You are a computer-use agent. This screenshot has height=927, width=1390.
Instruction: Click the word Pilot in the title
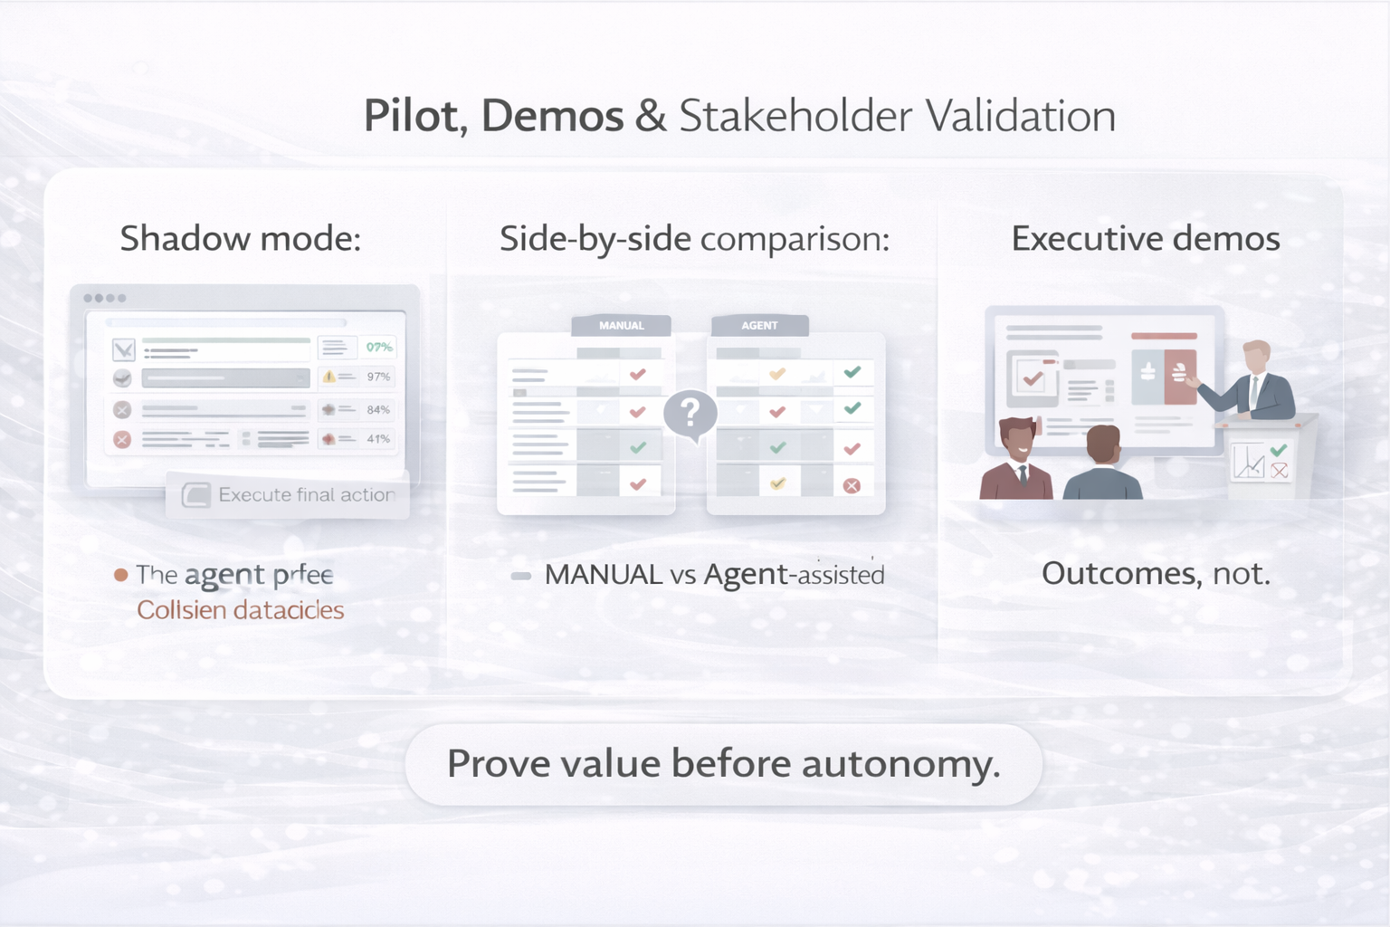click(x=410, y=116)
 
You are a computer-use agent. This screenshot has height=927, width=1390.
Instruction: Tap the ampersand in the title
click(x=651, y=116)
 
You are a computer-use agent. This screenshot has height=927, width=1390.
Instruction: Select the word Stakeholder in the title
click(x=795, y=116)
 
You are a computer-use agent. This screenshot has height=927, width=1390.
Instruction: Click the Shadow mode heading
click(x=240, y=238)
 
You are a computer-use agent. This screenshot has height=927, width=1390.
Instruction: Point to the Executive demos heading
click(x=1145, y=238)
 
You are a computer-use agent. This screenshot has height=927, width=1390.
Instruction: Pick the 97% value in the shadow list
click(x=378, y=377)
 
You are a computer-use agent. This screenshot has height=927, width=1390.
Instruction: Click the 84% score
click(x=378, y=410)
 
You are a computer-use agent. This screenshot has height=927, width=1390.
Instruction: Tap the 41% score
click(x=378, y=439)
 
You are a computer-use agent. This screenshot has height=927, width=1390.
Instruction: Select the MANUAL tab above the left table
click(x=621, y=326)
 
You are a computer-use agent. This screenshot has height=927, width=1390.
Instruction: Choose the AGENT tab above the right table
click(x=759, y=326)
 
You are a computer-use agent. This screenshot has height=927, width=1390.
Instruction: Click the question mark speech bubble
click(x=690, y=414)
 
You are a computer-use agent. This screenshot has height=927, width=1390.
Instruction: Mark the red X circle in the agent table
click(x=852, y=486)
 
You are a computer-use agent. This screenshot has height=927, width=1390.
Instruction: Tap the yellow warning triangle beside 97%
click(x=328, y=377)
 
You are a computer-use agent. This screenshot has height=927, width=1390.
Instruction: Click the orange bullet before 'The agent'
click(x=120, y=575)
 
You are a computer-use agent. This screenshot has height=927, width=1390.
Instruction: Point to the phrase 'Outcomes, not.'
click(x=1156, y=573)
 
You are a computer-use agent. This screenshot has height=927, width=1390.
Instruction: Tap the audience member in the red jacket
click(x=1018, y=462)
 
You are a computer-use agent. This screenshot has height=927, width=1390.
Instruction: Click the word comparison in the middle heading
click(x=795, y=238)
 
